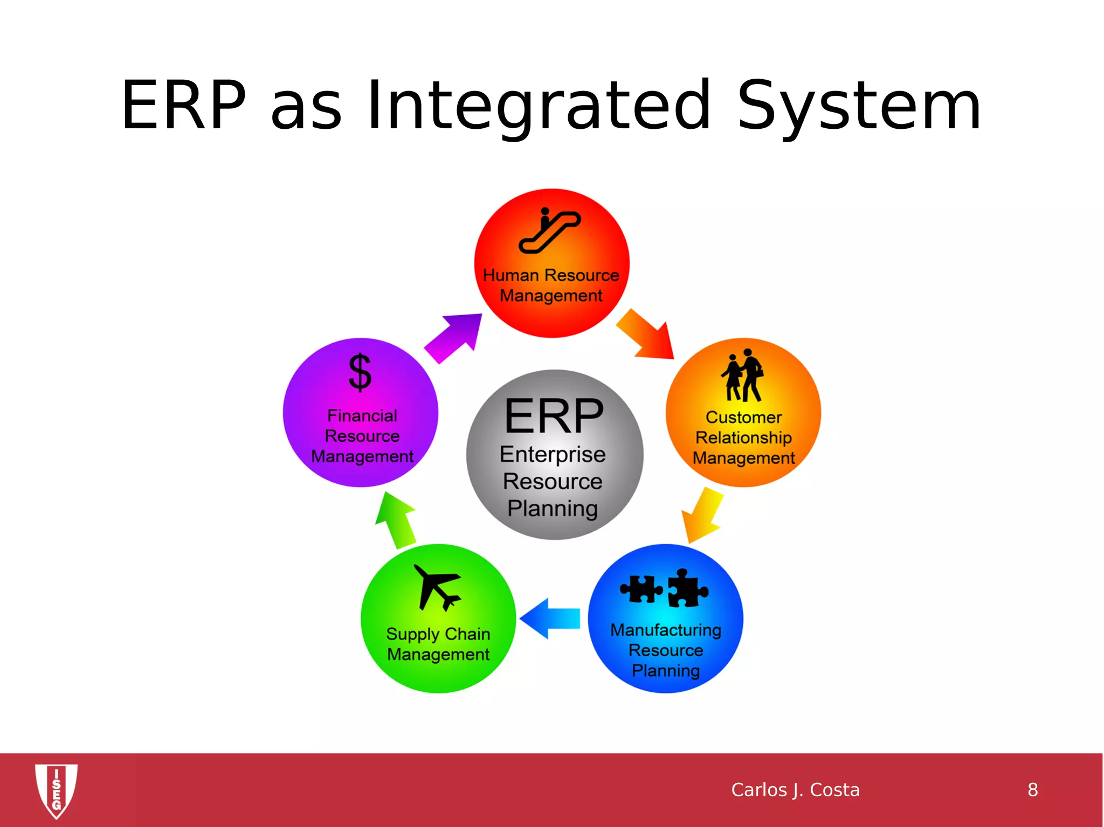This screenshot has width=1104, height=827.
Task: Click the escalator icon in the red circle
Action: pos(549,231)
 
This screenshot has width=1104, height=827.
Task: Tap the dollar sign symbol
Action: pos(360,372)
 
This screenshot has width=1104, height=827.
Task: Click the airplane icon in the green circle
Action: pos(437,587)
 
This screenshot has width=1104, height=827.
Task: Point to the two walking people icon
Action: pos(743,375)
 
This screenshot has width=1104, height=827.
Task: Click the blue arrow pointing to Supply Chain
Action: pos(550,618)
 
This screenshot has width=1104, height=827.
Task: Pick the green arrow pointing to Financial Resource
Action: pos(396,520)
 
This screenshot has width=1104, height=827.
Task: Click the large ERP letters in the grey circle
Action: pos(554,416)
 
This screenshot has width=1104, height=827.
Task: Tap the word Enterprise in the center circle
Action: pos(553,454)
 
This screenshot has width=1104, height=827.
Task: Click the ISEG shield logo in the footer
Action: pos(56,790)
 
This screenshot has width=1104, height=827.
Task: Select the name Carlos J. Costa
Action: pos(795,790)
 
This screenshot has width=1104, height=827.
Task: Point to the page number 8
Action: pos(1032,790)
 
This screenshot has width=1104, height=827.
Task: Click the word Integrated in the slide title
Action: pos(539,106)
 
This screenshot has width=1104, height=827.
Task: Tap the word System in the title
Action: pos(859,106)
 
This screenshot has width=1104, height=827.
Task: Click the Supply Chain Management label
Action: pos(438,644)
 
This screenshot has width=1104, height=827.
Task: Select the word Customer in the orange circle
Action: pos(743,417)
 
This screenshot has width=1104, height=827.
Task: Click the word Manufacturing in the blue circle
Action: pos(666,630)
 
